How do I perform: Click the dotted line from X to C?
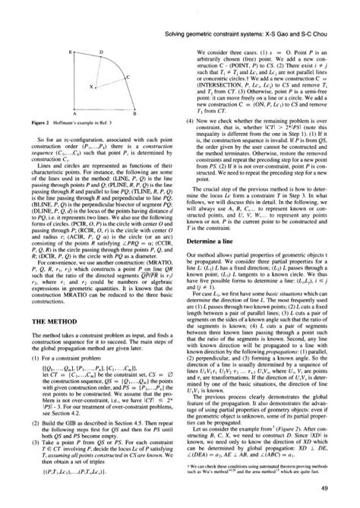coord(109,83)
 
